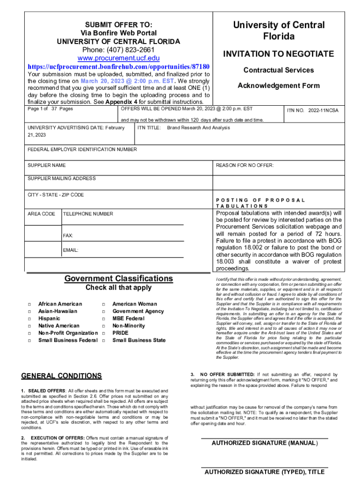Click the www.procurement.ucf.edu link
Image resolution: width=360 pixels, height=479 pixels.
(118, 58)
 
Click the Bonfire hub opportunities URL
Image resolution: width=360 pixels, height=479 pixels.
(118, 66)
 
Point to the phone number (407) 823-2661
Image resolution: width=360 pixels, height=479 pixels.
(118, 50)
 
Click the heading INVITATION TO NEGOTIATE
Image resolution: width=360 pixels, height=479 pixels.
(279, 54)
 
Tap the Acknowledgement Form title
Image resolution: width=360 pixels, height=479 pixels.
(279, 86)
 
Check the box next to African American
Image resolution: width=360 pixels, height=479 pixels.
(30, 305)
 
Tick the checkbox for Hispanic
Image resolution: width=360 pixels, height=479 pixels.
(30, 319)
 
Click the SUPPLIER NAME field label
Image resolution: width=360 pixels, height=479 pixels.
(47, 166)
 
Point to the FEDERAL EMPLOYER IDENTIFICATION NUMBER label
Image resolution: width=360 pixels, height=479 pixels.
(82, 150)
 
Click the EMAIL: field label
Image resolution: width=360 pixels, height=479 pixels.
(71, 250)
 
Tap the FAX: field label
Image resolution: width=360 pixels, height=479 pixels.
(68, 235)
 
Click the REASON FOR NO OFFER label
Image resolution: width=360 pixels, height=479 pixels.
(245, 166)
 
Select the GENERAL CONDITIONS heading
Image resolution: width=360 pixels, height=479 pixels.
(62, 376)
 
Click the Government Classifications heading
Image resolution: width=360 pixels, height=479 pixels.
(118, 279)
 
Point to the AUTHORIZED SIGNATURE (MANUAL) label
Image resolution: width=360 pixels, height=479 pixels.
(265, 443)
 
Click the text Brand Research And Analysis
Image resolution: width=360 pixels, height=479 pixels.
(199, 128)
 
